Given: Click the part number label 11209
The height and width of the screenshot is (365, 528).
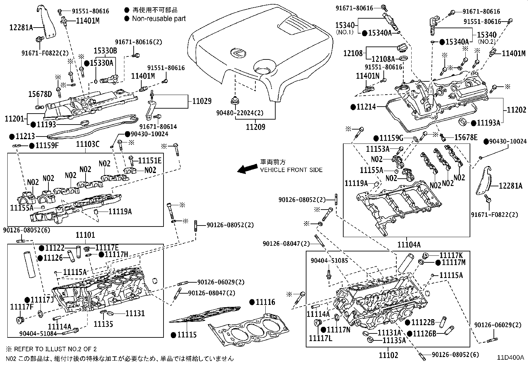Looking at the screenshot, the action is [255, 127].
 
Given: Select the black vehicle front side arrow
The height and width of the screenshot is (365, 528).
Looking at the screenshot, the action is [247, 169].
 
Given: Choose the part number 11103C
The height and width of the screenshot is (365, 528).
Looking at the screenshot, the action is [88, 144].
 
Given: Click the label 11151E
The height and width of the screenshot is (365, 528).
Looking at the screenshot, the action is [150, 160].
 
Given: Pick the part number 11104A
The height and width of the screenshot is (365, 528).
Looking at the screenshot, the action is [409, 244].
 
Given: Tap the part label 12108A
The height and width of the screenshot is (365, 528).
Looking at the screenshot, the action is [383, 58].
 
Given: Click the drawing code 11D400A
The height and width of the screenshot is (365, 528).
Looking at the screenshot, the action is [510, 357].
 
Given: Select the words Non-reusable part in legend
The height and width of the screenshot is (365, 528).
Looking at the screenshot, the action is [159, 18].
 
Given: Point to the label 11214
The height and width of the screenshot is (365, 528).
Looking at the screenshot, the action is [366, 107].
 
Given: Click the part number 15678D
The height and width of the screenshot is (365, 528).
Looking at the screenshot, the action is [40, 94].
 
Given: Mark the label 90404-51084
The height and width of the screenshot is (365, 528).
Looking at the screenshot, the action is [38, 333].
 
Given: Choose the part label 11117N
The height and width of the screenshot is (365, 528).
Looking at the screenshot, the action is [339, 330].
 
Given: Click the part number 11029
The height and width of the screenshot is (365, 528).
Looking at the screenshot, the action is [202, 101].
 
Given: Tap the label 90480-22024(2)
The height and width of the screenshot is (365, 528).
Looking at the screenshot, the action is [240, 113].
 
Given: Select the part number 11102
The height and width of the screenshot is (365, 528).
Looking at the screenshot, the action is [388, 355].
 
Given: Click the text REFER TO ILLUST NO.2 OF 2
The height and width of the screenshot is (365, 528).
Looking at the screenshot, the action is [55, 349].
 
